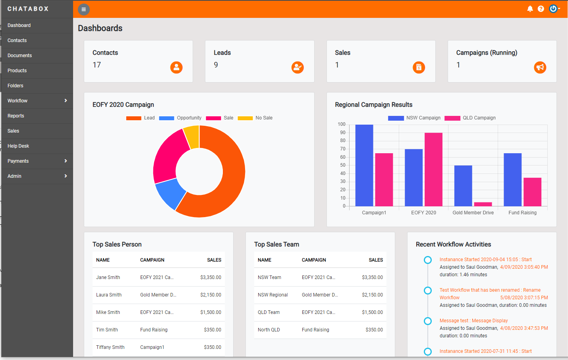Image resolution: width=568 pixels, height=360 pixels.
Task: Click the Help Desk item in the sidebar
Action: (18, 146)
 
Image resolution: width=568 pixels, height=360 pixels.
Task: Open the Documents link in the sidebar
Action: (19, 56)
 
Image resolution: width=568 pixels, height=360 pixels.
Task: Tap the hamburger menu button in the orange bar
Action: (83, 10)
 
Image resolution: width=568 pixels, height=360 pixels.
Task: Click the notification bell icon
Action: (530, 9)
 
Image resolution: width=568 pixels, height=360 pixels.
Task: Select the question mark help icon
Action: (541, 9)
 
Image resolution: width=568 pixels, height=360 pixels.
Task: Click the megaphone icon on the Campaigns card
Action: (540, 67)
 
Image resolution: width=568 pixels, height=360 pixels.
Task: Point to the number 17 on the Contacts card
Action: (97, 65)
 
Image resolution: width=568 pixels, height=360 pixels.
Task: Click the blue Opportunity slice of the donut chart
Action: (170, 193)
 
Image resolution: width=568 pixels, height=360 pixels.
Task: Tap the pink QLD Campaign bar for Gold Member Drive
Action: (483, 204)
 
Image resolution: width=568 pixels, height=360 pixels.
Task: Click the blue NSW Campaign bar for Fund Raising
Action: (512, 179)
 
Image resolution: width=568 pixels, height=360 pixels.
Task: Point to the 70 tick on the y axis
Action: (342, 149)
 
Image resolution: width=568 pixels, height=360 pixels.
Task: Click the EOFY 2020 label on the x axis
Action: (423, 213)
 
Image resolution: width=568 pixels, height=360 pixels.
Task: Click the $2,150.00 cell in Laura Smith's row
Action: (211, 295)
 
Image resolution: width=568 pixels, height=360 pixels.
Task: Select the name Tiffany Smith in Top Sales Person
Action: (110, 347)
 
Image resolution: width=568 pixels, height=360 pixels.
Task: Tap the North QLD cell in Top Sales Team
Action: (269, 330)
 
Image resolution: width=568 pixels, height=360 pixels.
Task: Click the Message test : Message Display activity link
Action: (473, 321)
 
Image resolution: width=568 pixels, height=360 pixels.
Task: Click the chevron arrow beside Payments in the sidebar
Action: (66, 161)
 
